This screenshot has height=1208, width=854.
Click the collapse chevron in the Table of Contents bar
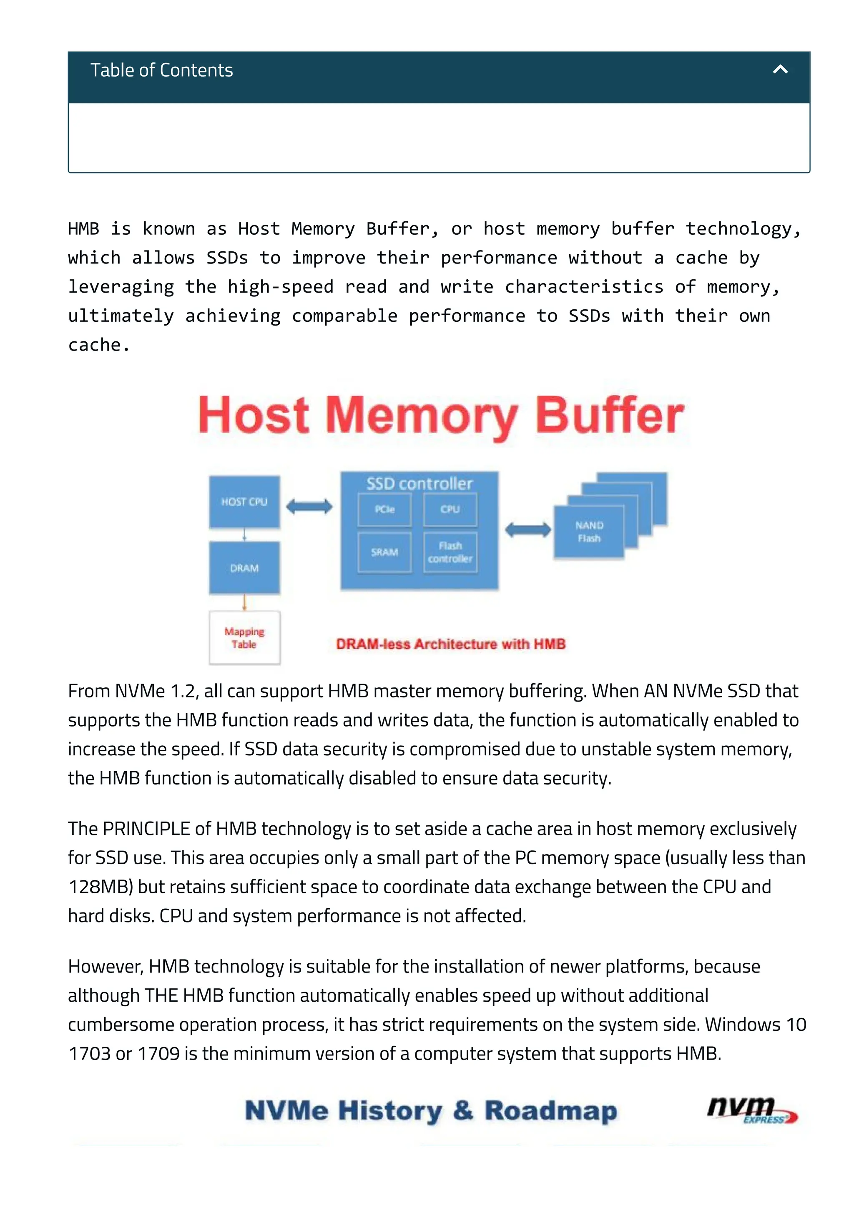pyautogui.click(x=780, y=70)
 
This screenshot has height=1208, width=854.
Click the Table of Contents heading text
pyautogui.click(x=161, y=70)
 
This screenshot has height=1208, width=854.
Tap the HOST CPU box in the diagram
pyautogui.click(x=244, y=501)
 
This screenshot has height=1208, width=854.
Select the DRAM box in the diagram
pyautogui.click(x=244, y=568)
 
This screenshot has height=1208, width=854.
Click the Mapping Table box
pyautogui.click(x=244, y=638)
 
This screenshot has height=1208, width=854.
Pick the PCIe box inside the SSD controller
pyautogui.click(x=384, y=509)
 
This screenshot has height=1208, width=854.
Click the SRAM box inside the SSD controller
pyautogui.click(x=384, y=552)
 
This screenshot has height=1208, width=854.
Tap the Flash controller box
pyautogui.click(x=450, y=552)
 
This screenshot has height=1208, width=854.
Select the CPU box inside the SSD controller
pyautogui.click(x=450, y=509)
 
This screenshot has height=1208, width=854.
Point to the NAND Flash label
pyautogui.click(x=589, y=531)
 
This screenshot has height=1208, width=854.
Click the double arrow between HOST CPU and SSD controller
pyautogui.click(x=309, y=506)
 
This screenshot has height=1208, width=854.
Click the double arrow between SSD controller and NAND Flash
pyautogui.click(x=528, y=530)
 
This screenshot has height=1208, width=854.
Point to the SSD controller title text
pyautogui.click(x=419, y=483)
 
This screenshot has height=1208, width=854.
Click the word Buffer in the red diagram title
pyautogui.click(x=609, y=416)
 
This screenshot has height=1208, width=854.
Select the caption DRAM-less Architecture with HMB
pyautogui.click(x=450, y=644)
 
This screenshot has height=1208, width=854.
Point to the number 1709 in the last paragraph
pyautogui.click(x=158, y=1054)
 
